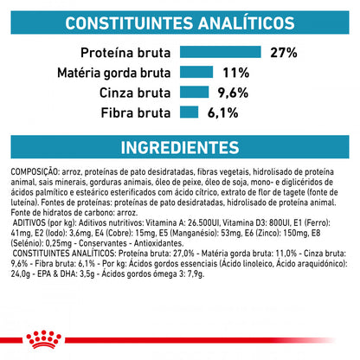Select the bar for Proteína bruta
[x=220, y=53]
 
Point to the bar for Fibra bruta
[x=190, y=112]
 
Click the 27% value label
[x=283, y=53]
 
